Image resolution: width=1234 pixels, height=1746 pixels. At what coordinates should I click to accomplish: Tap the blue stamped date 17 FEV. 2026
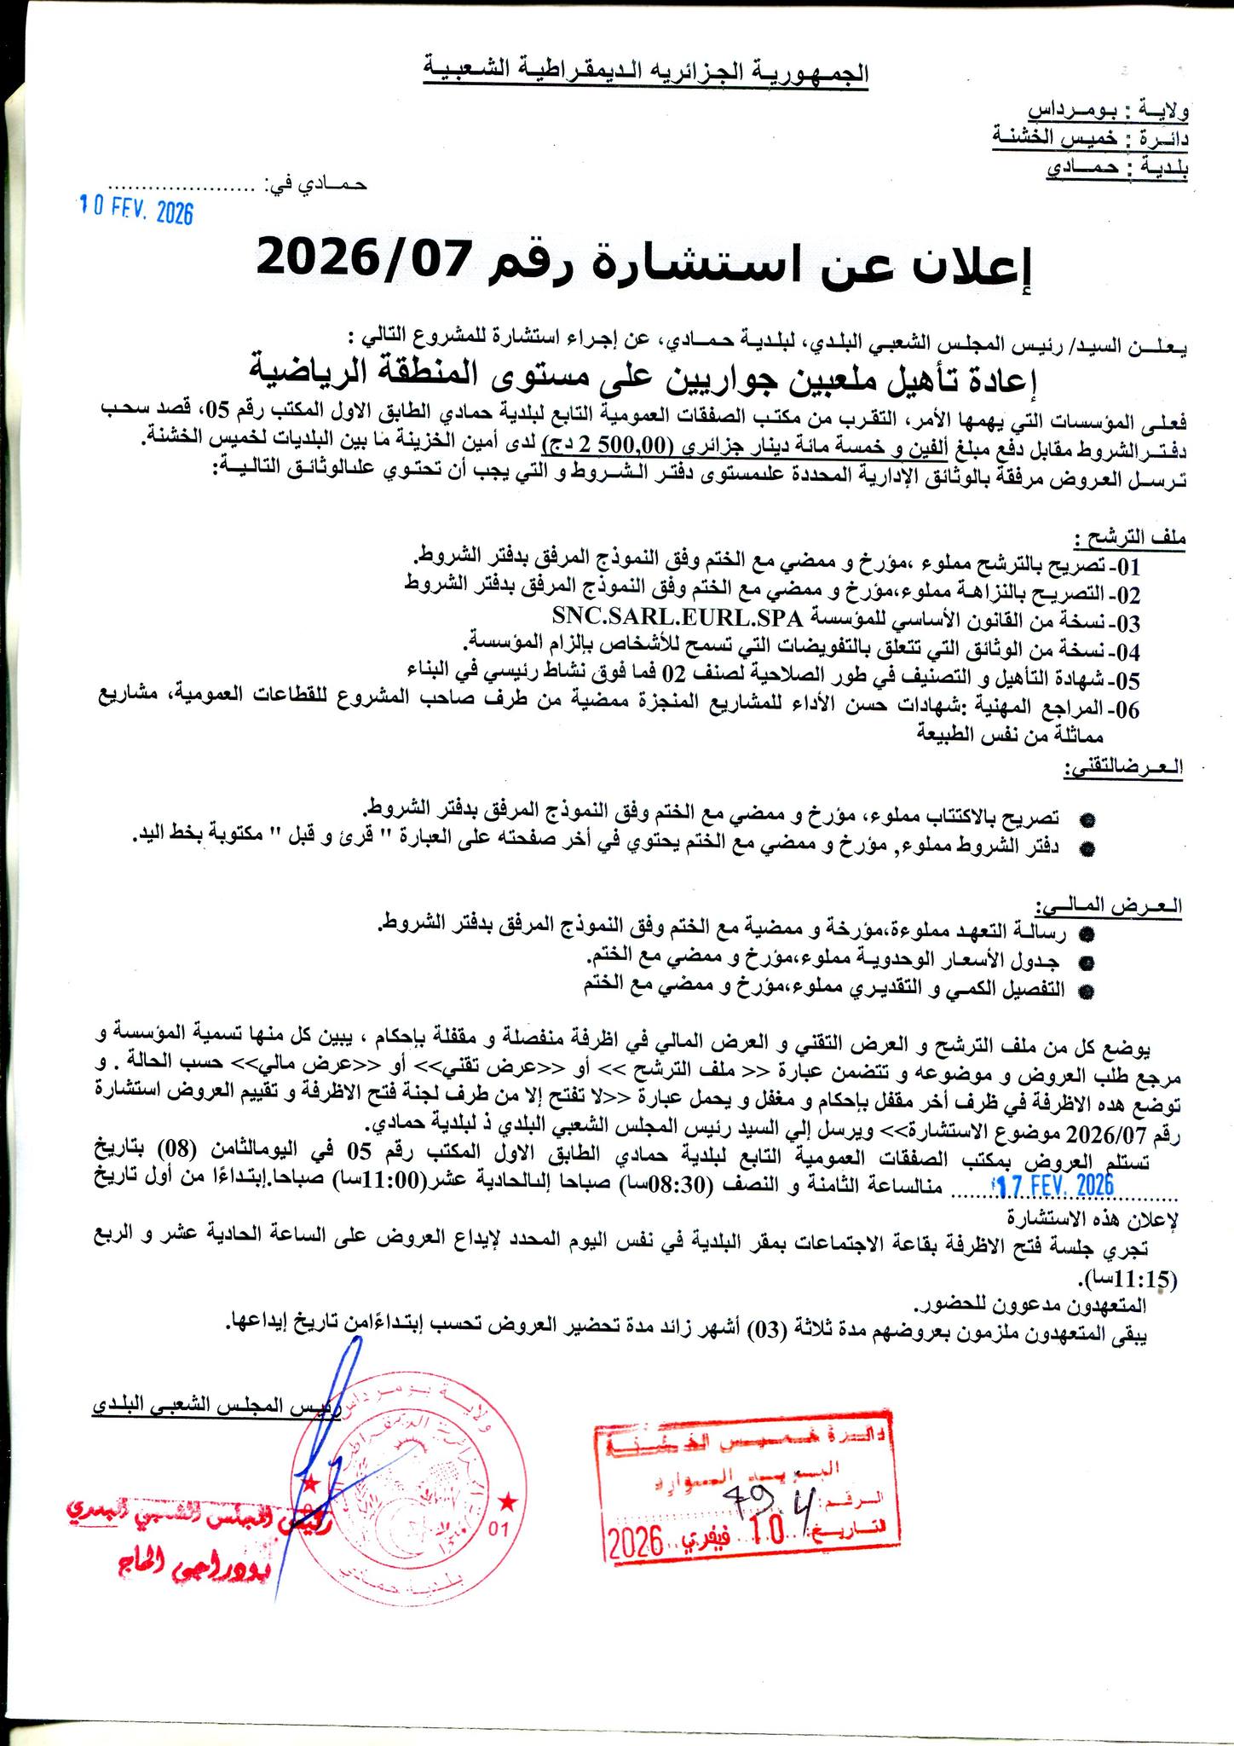pos(1056,1185)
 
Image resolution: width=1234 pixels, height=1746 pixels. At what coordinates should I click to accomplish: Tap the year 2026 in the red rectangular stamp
pos(637,1541)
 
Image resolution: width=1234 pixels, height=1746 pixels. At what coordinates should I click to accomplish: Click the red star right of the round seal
pos(508,1500)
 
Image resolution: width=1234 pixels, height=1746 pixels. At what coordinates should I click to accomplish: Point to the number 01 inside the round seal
pos(499,1529)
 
